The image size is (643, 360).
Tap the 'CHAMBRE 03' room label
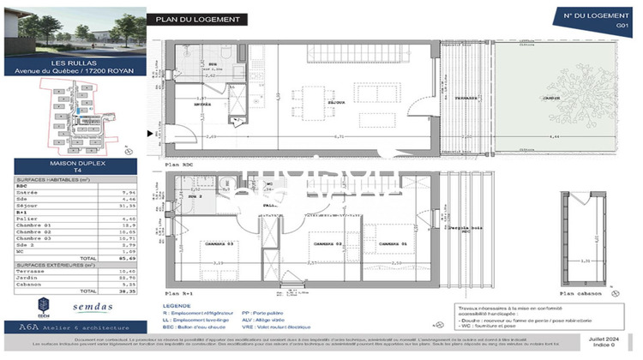click(200, 244)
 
